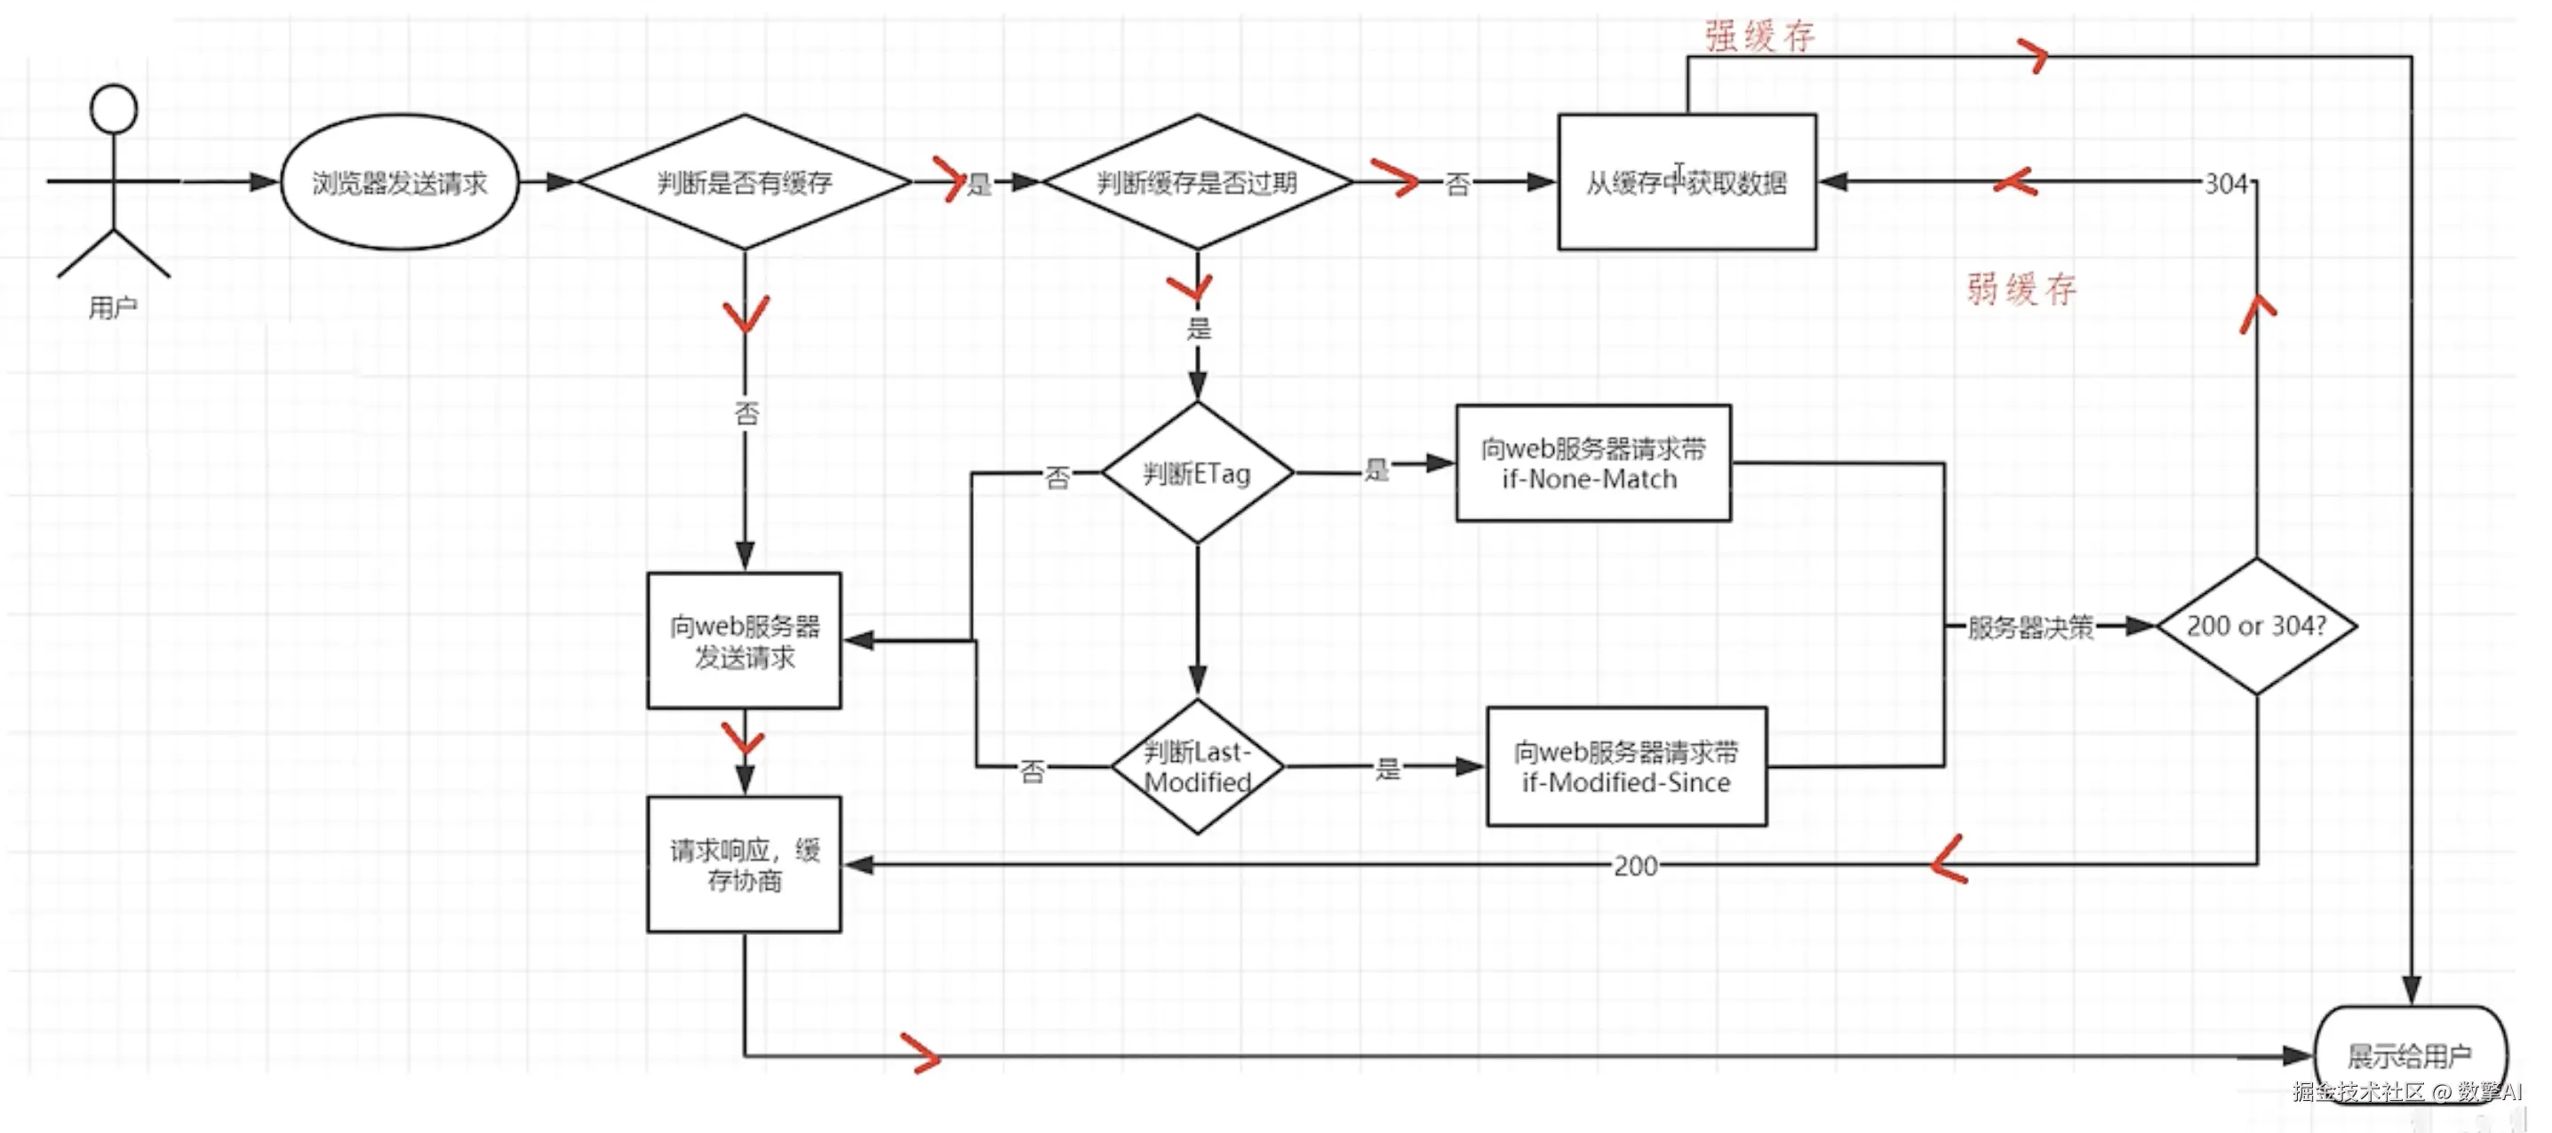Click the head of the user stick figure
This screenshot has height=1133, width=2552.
[113, 109]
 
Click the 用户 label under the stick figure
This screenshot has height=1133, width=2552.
[113, 308]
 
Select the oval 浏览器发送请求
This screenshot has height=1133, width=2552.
[399, 182]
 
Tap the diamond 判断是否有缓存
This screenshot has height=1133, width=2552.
[744, 182]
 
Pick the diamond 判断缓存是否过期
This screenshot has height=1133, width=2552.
[1197, 182]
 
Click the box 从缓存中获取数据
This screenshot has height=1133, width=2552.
[1687, 182]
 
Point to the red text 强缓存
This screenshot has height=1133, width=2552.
[1759, 36]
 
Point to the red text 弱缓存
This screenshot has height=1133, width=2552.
[2021, 289]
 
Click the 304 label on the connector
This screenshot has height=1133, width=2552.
[2225, 183]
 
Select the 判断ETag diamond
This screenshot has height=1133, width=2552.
[1197, 473]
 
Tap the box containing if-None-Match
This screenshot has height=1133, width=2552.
[1592, 463]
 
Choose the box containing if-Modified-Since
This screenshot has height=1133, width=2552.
[1626, 766]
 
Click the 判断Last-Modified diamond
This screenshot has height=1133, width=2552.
[1197, 766]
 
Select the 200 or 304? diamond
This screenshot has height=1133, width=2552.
[2256, 626]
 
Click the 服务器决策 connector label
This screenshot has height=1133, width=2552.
[2029, 627]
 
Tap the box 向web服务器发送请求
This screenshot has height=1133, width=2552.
[744, 641]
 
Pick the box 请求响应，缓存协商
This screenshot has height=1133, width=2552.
[744, 865]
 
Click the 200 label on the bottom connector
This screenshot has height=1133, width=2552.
[1635, 867]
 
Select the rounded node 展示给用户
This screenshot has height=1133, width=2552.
[2409, 1056]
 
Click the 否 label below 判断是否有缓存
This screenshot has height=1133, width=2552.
[746, 413]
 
